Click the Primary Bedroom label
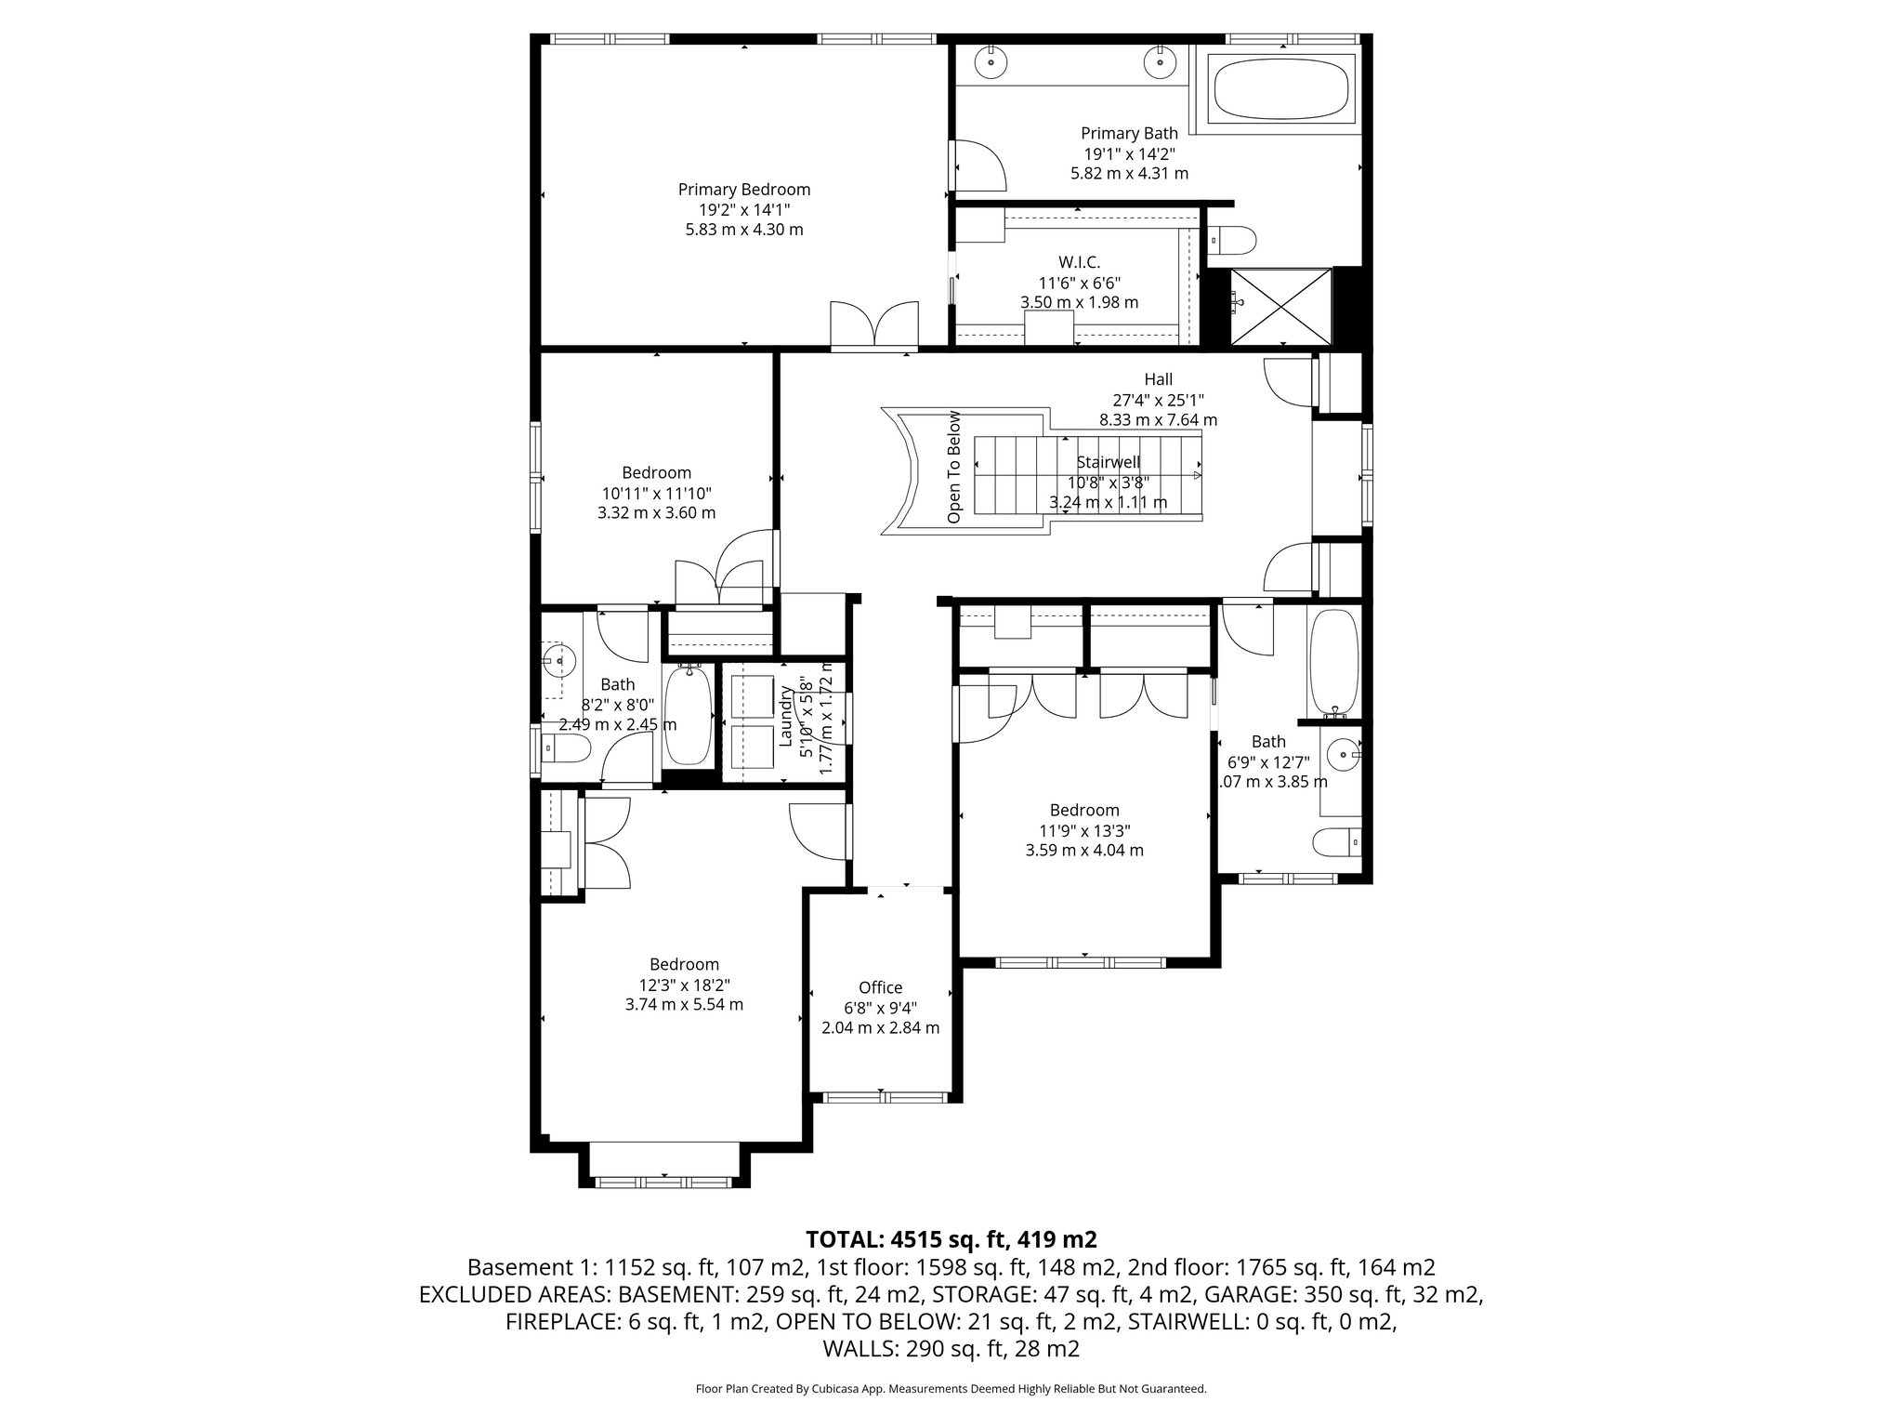coord(743,190)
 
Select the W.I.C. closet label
coord(1079,263)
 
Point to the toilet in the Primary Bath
coord(1234,240)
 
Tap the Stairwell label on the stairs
coord(1108,462)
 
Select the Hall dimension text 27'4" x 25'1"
coord(1158,400)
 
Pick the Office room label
coord(880,987)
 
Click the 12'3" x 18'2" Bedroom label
coord(684,965)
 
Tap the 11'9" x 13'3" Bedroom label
coord(1084,811)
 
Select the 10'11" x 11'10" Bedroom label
coord(656,473)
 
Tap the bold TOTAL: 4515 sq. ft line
coord(951,1239)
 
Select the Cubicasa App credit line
coord(951,1389)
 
